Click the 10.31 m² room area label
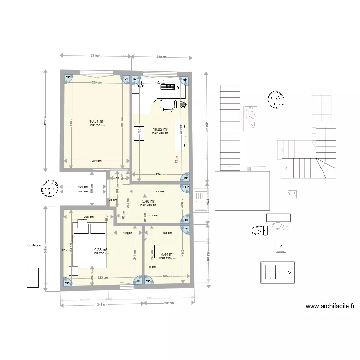point(97,122)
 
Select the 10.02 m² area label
point(160,130)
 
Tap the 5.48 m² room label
point(149,202)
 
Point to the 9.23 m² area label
point(100,250)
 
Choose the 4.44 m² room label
point(167,255)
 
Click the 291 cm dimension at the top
point(96,56)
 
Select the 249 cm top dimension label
point(161,56)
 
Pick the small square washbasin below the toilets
point(281,245)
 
